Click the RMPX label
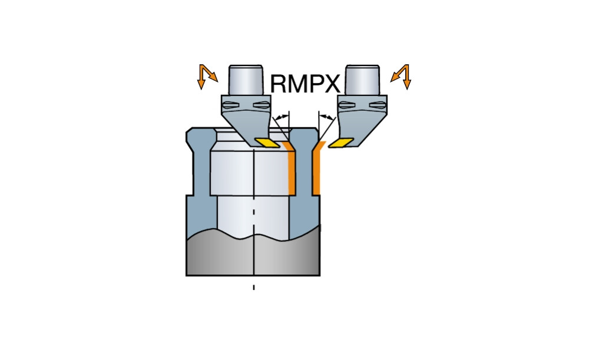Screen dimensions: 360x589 (305, 84)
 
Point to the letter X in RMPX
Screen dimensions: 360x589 (332, 84)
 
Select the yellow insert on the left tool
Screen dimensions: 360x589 (268, 142)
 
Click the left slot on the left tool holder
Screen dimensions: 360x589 (231, 105)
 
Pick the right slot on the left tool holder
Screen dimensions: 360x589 (260, 105)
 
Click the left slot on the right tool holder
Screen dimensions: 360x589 (349, 105)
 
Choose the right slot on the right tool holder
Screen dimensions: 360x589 (377, 105)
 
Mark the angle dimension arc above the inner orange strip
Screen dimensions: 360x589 (283, 116)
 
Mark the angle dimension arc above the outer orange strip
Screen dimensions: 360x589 (326, 117)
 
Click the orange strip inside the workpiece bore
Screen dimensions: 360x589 (291, 171)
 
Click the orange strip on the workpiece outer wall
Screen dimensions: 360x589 (316, 171)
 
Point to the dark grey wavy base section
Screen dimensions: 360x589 (253, 256)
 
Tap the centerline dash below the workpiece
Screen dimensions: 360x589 (254, 287)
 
